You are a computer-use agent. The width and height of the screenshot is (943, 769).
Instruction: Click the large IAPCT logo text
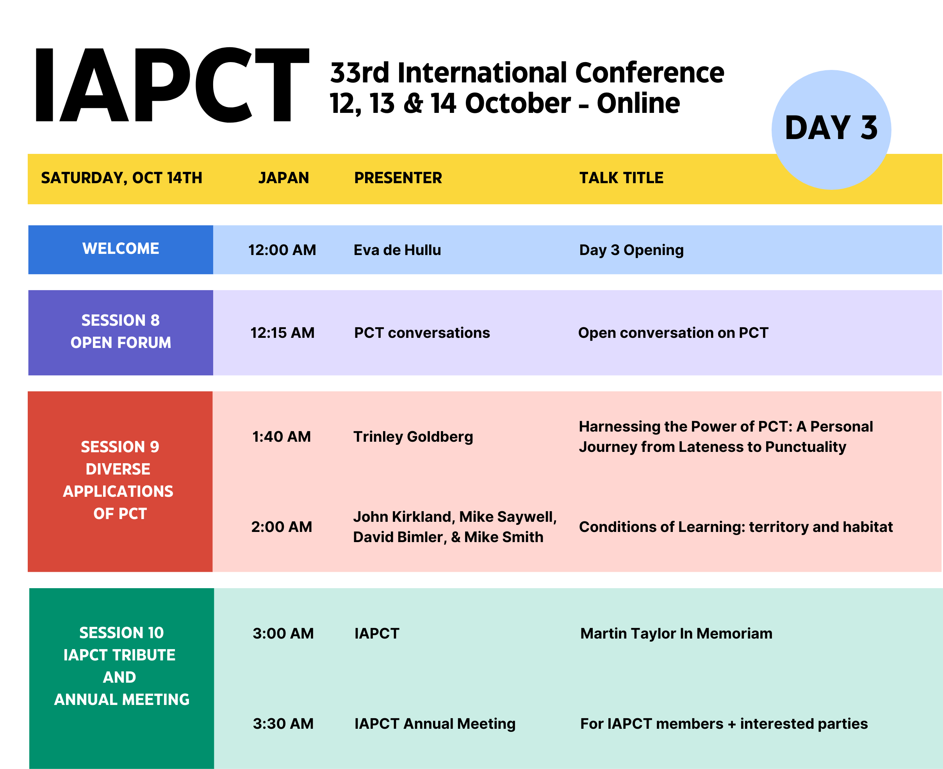click(172, 85)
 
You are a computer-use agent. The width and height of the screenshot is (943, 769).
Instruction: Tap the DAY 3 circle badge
click(831, 129)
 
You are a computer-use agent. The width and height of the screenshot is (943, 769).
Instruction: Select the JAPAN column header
click(283, 178)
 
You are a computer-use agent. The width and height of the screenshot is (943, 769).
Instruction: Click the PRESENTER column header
click(398, 178)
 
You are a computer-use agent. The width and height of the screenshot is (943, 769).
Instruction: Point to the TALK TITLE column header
click(621, 178)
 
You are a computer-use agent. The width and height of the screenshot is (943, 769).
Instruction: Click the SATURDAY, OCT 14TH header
click(121, 178)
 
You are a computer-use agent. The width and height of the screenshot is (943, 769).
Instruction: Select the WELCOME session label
click(121, 248)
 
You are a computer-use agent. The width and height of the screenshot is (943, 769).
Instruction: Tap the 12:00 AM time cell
click(282, 250)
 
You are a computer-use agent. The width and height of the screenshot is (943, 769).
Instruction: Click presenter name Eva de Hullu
click(397, 250)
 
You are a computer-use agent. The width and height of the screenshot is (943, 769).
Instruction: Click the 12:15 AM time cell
click(282, 333)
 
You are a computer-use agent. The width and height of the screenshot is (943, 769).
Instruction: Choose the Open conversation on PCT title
click(673, 333)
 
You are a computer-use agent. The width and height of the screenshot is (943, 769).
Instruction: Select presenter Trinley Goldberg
click(413, 437)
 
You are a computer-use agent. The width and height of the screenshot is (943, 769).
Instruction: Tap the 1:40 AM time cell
click(282, 437)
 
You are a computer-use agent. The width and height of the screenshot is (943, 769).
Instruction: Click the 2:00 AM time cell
click(282, 527)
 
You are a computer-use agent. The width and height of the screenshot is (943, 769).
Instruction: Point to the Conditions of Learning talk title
click(736, 527)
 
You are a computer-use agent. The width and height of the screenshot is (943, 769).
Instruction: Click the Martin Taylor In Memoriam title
click(676, 633)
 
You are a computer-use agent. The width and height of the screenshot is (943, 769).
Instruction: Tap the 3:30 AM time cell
click(283, 723)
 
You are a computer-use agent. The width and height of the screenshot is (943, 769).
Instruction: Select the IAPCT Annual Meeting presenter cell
click(435, 724)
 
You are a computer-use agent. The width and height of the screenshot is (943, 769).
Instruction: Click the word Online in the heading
click(638, 103)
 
